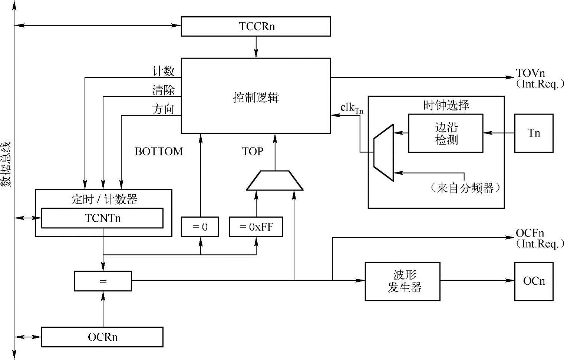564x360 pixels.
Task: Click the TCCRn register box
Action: [x=256, y=26]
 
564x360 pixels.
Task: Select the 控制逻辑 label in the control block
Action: [x=256, y=98]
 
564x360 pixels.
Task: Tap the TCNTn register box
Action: [x=102, y=218]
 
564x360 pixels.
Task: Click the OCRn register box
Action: [x=102, y=337]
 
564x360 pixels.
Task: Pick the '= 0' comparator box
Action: [x=200, y=227]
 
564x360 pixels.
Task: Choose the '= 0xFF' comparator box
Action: [x=256, y=227]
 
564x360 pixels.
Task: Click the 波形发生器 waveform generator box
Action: [x=403, y=281]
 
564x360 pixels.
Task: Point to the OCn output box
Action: [x=534, y=281]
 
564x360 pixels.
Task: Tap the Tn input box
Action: [x=534, y=133]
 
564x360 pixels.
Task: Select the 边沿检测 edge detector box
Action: [x=446, y=133]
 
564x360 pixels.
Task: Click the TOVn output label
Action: [x=530, y=73]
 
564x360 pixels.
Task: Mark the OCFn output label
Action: [x=530, y=233]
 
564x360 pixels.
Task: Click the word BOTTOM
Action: [x=159, y=151]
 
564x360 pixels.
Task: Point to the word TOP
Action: [x=253, y=151]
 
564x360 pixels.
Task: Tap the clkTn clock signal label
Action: [x=352, y=108]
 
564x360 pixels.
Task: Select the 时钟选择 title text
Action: [x=446, y=105]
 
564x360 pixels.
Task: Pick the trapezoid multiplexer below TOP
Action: [x=275, y=181]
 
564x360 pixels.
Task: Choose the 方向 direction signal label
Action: [x=163, y=109]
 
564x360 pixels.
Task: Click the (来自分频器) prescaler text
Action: [x=465, y=188]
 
